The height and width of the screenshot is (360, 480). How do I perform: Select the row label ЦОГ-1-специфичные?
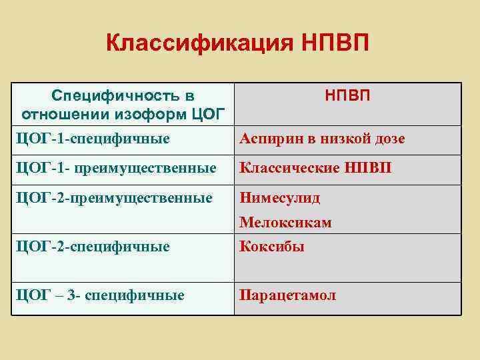click(93, 139)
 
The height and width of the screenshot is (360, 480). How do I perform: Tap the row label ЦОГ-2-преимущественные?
click(114, 198)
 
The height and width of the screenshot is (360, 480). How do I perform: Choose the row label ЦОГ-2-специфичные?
click(93, 247)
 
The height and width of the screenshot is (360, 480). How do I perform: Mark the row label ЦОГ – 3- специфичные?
click(100, 295)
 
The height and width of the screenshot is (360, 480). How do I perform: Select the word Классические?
click(289, 169)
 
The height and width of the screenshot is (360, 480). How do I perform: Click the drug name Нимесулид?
click(280, 198)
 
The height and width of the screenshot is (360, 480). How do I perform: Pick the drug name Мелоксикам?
click(285, 223)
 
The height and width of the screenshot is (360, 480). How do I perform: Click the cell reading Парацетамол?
click(288, 295)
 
